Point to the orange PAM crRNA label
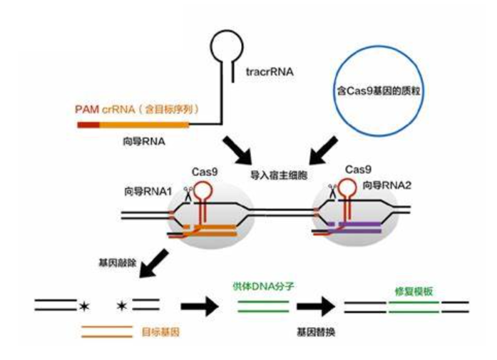point(136,110)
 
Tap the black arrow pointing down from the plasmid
point(322,148)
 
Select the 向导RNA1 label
point(145,192)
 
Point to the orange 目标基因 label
point(155,331)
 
